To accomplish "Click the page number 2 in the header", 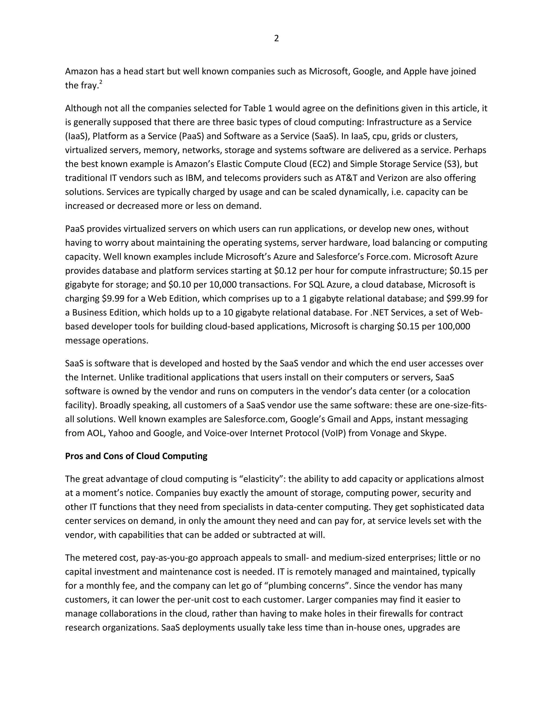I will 276,39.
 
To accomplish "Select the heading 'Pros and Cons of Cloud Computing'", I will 136,456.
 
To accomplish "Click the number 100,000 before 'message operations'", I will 453,326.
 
